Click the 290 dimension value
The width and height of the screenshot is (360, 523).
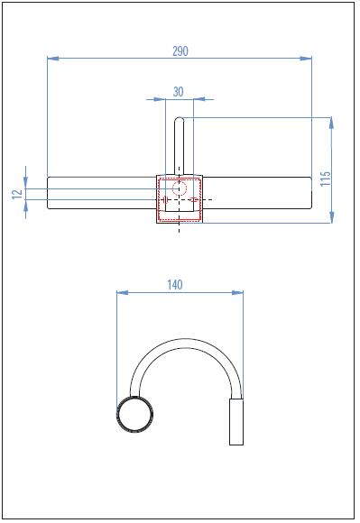(x=180, y=51)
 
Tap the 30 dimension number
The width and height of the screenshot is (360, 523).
(x=178, y=92)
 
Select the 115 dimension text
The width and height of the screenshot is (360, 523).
(x=325, y=179)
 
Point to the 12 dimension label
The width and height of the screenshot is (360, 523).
(x=17, y=194)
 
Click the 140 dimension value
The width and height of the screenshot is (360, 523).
(x=175, y=285)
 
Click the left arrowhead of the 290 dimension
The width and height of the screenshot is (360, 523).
(x=53, y=59)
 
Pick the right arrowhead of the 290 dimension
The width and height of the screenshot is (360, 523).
(x=306, y=59)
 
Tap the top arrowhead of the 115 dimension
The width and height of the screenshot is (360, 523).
(x=331, y=123)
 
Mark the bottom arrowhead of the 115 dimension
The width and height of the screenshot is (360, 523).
(x=331, y=217)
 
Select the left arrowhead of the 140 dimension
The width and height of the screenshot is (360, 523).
(x=123, y=293)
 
